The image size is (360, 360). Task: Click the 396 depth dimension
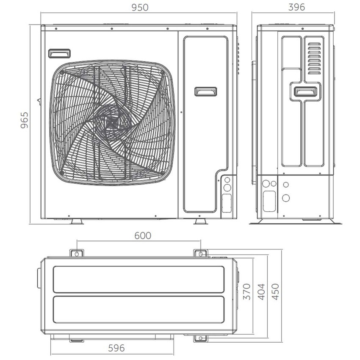(296, 8)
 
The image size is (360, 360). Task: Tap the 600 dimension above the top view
(143, 235)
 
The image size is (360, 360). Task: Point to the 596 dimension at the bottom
(116, 348)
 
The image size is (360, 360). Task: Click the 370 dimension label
(247, 292)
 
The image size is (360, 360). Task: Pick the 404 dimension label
(261, 292)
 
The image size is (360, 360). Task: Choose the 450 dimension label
(275, 292)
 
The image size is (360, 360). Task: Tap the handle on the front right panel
(206, 91)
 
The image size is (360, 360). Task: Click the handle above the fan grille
(59, 53)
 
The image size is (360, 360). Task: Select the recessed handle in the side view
(305, 91)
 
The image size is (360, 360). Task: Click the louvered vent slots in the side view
(314, 58)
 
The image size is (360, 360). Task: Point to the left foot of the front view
(77, 222)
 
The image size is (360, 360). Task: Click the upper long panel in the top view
(138, 279)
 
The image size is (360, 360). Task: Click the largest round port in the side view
(286, 198)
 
